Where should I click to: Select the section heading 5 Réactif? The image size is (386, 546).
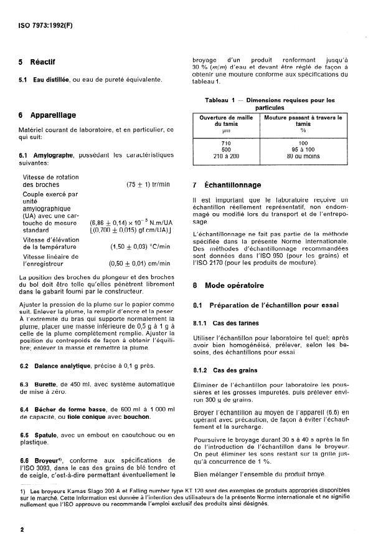coord(37,62)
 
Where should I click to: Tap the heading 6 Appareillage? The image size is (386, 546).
coord(47,115)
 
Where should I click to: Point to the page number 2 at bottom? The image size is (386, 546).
coord(21,528)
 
